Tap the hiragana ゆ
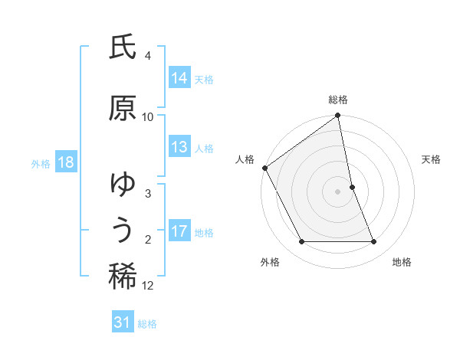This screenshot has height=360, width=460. pos(123,185)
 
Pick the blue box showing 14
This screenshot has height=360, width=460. pos(179,78)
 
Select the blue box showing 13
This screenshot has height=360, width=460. pos(179,148)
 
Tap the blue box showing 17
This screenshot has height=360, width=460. pos(179,231)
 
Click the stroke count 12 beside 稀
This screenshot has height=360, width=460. pos(148,286)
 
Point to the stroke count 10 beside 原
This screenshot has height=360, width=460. pos(148,116)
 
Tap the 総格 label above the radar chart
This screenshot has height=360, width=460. pos(338,100)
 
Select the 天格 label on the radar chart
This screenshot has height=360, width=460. pos(431,159)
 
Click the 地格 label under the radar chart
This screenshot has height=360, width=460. pos(402,262)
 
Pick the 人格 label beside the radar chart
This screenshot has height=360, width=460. pos(245,159)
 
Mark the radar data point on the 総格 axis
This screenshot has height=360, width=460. pos(338,116)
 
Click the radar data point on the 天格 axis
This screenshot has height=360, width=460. pos(352,187)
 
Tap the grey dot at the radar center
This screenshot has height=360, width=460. pos(338,191)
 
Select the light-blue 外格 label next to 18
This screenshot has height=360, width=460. pos(40,163)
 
